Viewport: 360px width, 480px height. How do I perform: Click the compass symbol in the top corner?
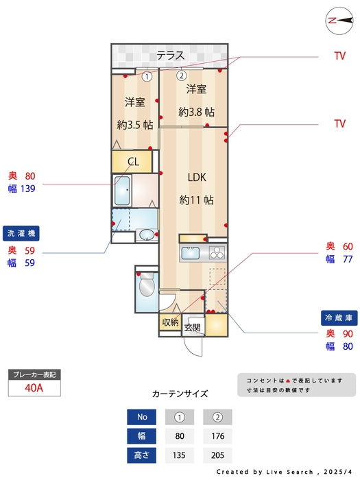click(338, 21)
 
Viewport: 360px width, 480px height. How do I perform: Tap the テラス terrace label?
click(170, 56)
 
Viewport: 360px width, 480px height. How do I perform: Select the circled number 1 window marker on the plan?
click(147, 76)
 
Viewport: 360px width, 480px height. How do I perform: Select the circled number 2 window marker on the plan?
click(182, 76)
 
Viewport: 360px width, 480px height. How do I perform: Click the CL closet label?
click(134, 162)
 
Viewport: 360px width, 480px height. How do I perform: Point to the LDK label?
click(197, 177)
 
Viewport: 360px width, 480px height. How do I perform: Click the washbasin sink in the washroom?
click(146, 235)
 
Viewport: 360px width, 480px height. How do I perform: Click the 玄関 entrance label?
click(192, 327)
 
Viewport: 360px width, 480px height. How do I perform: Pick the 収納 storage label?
click(170, 322)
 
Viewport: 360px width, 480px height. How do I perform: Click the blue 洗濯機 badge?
click(24, 232)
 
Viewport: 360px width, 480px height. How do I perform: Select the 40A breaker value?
click(34, 388)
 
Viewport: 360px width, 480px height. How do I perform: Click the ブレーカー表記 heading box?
click(34, 375)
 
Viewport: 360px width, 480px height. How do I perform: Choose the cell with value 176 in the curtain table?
click(217, 436)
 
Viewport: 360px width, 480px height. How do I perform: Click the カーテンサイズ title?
click(179, 394)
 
